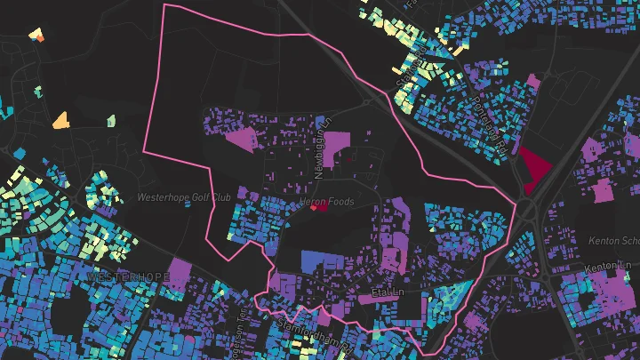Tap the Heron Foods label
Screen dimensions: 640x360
(x=328, y=202)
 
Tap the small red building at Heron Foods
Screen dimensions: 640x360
(x=317, y=208)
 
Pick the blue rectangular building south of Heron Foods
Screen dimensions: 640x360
(x=322, y=261)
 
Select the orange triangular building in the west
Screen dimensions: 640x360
(x=60, y=119)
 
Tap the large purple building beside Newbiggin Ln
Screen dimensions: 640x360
(x=336, y=148)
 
